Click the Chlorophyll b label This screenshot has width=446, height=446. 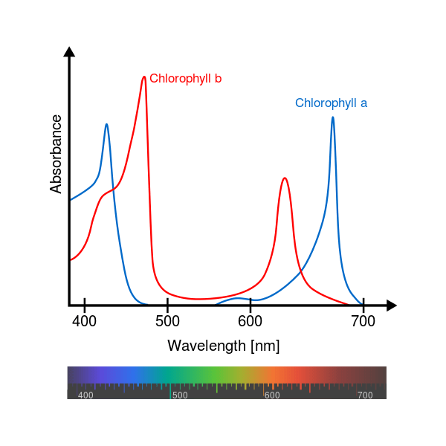(185, 79)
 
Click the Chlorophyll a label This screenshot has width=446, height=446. (331, 103)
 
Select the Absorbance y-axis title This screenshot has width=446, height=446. (56, 154)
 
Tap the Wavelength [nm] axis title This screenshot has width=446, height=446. (223, 346)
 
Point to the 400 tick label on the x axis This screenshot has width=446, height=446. (85, 321)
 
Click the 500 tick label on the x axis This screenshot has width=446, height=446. (167, 321)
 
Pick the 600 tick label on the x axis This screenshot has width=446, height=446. (251, 321)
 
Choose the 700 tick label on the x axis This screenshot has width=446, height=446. (363, 321)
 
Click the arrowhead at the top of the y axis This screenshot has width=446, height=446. (69, 51)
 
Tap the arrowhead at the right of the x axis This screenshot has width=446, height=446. (392, 305)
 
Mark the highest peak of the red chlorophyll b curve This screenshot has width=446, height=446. (144, 77)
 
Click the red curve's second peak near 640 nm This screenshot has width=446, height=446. (284, 178)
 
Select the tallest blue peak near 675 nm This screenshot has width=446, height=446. (332, 117)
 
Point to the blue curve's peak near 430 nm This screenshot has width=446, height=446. (106, 124)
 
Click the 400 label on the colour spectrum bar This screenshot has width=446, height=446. (85, 395)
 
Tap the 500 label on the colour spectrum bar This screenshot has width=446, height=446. (180, 395)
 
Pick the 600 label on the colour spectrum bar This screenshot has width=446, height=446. (272, 395)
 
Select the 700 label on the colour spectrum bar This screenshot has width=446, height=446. (365, 395)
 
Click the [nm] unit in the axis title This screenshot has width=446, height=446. (265, 346)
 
